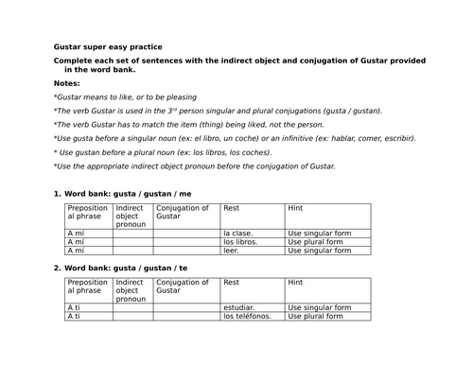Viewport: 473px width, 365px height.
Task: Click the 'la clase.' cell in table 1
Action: pos(239,232)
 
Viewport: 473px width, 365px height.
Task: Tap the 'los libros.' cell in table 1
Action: pos(241,241)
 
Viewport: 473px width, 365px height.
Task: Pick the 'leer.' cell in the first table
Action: pos(231,251)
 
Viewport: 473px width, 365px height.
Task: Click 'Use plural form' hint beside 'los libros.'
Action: pos(318,241)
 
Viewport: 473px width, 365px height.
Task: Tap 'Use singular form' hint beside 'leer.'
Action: pos(321,251)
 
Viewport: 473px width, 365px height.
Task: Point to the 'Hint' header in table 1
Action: pos(296,208)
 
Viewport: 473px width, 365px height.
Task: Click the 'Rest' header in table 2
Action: pos(232,283)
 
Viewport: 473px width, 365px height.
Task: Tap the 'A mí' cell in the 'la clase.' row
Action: pos(76,232)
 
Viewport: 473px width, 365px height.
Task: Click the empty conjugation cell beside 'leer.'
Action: pos(185,251)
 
